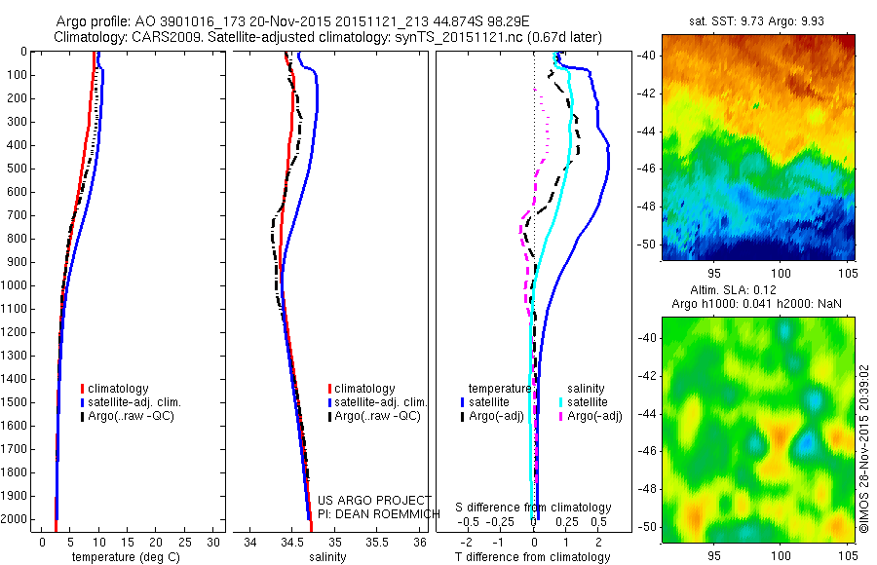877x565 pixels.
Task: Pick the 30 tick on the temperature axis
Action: (214, 542)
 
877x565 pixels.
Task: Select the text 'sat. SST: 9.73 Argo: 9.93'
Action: (756, 19)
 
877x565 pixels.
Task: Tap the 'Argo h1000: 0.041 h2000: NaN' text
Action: (756, 305)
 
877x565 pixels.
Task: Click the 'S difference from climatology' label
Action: (534, 508)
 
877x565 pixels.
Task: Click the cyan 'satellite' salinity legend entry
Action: (589, 402)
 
